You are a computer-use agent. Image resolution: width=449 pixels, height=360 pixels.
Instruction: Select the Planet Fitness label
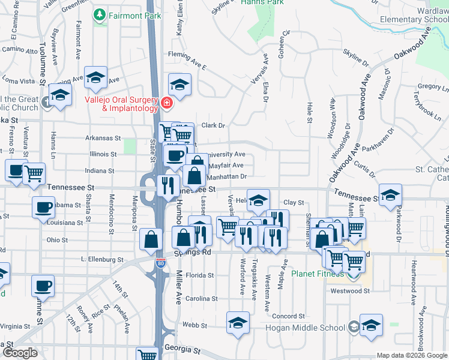(318, 274)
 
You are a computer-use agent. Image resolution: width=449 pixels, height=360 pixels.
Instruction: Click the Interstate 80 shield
(160, 263)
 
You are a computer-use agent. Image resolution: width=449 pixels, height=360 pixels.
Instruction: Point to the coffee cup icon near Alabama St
(43, 208)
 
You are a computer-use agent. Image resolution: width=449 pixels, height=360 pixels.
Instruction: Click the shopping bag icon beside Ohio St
(151, 239)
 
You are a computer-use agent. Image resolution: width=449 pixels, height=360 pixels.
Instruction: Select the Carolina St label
(201, 299)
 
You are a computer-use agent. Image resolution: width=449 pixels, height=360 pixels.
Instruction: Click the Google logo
(19, 353)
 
